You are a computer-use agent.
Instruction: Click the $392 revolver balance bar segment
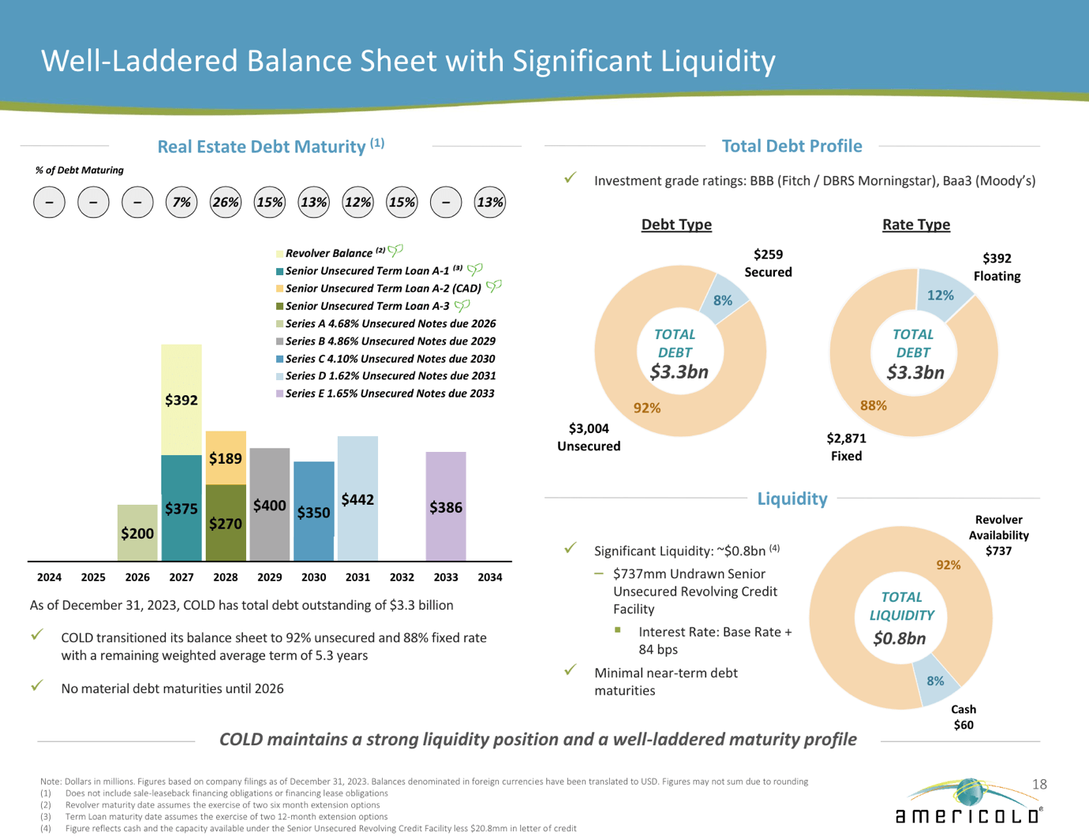[x=181, y=400]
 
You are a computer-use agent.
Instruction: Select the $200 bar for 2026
[x=137, y=533]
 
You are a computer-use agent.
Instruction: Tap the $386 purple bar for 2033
[x=446, y=507]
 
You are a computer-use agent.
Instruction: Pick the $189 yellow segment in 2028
[x=226, y=458]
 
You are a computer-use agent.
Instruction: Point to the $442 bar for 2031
[x=357, y=499]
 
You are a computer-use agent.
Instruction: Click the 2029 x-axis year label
[x=270, y=577]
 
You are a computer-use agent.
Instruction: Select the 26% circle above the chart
[x=226, y=203]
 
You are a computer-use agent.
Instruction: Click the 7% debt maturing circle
[x=181, y=203]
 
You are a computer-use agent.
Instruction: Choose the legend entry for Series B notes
[x=390, y=341]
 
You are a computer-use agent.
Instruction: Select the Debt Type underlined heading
[x=676, y=225]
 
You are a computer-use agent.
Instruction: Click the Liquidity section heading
[x=791, y=498]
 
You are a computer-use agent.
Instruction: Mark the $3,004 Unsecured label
[x=589, y=437]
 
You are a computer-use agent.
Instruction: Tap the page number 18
[x=1039, y=784]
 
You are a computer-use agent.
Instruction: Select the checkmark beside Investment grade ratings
[x=571, y=178]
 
